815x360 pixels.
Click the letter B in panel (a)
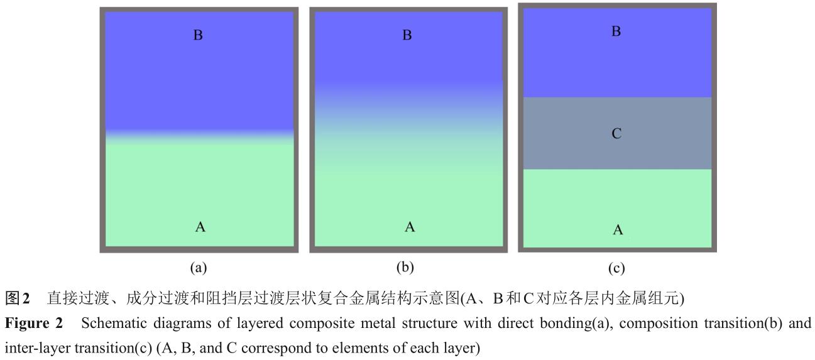pos(198,36)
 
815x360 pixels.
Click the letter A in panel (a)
pos(200,227)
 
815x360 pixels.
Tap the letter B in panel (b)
pos(407,36)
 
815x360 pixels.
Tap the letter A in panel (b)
pos(410,227)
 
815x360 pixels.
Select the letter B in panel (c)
pos(616,31)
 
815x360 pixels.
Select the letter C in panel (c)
pos(616,133)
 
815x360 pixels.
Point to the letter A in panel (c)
pos(618,231)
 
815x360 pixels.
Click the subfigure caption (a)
pos(199,268)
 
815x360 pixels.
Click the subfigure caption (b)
pos(406,268)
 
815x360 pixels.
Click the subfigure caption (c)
pos(616,269)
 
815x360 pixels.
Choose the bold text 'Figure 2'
pos(34,324)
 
